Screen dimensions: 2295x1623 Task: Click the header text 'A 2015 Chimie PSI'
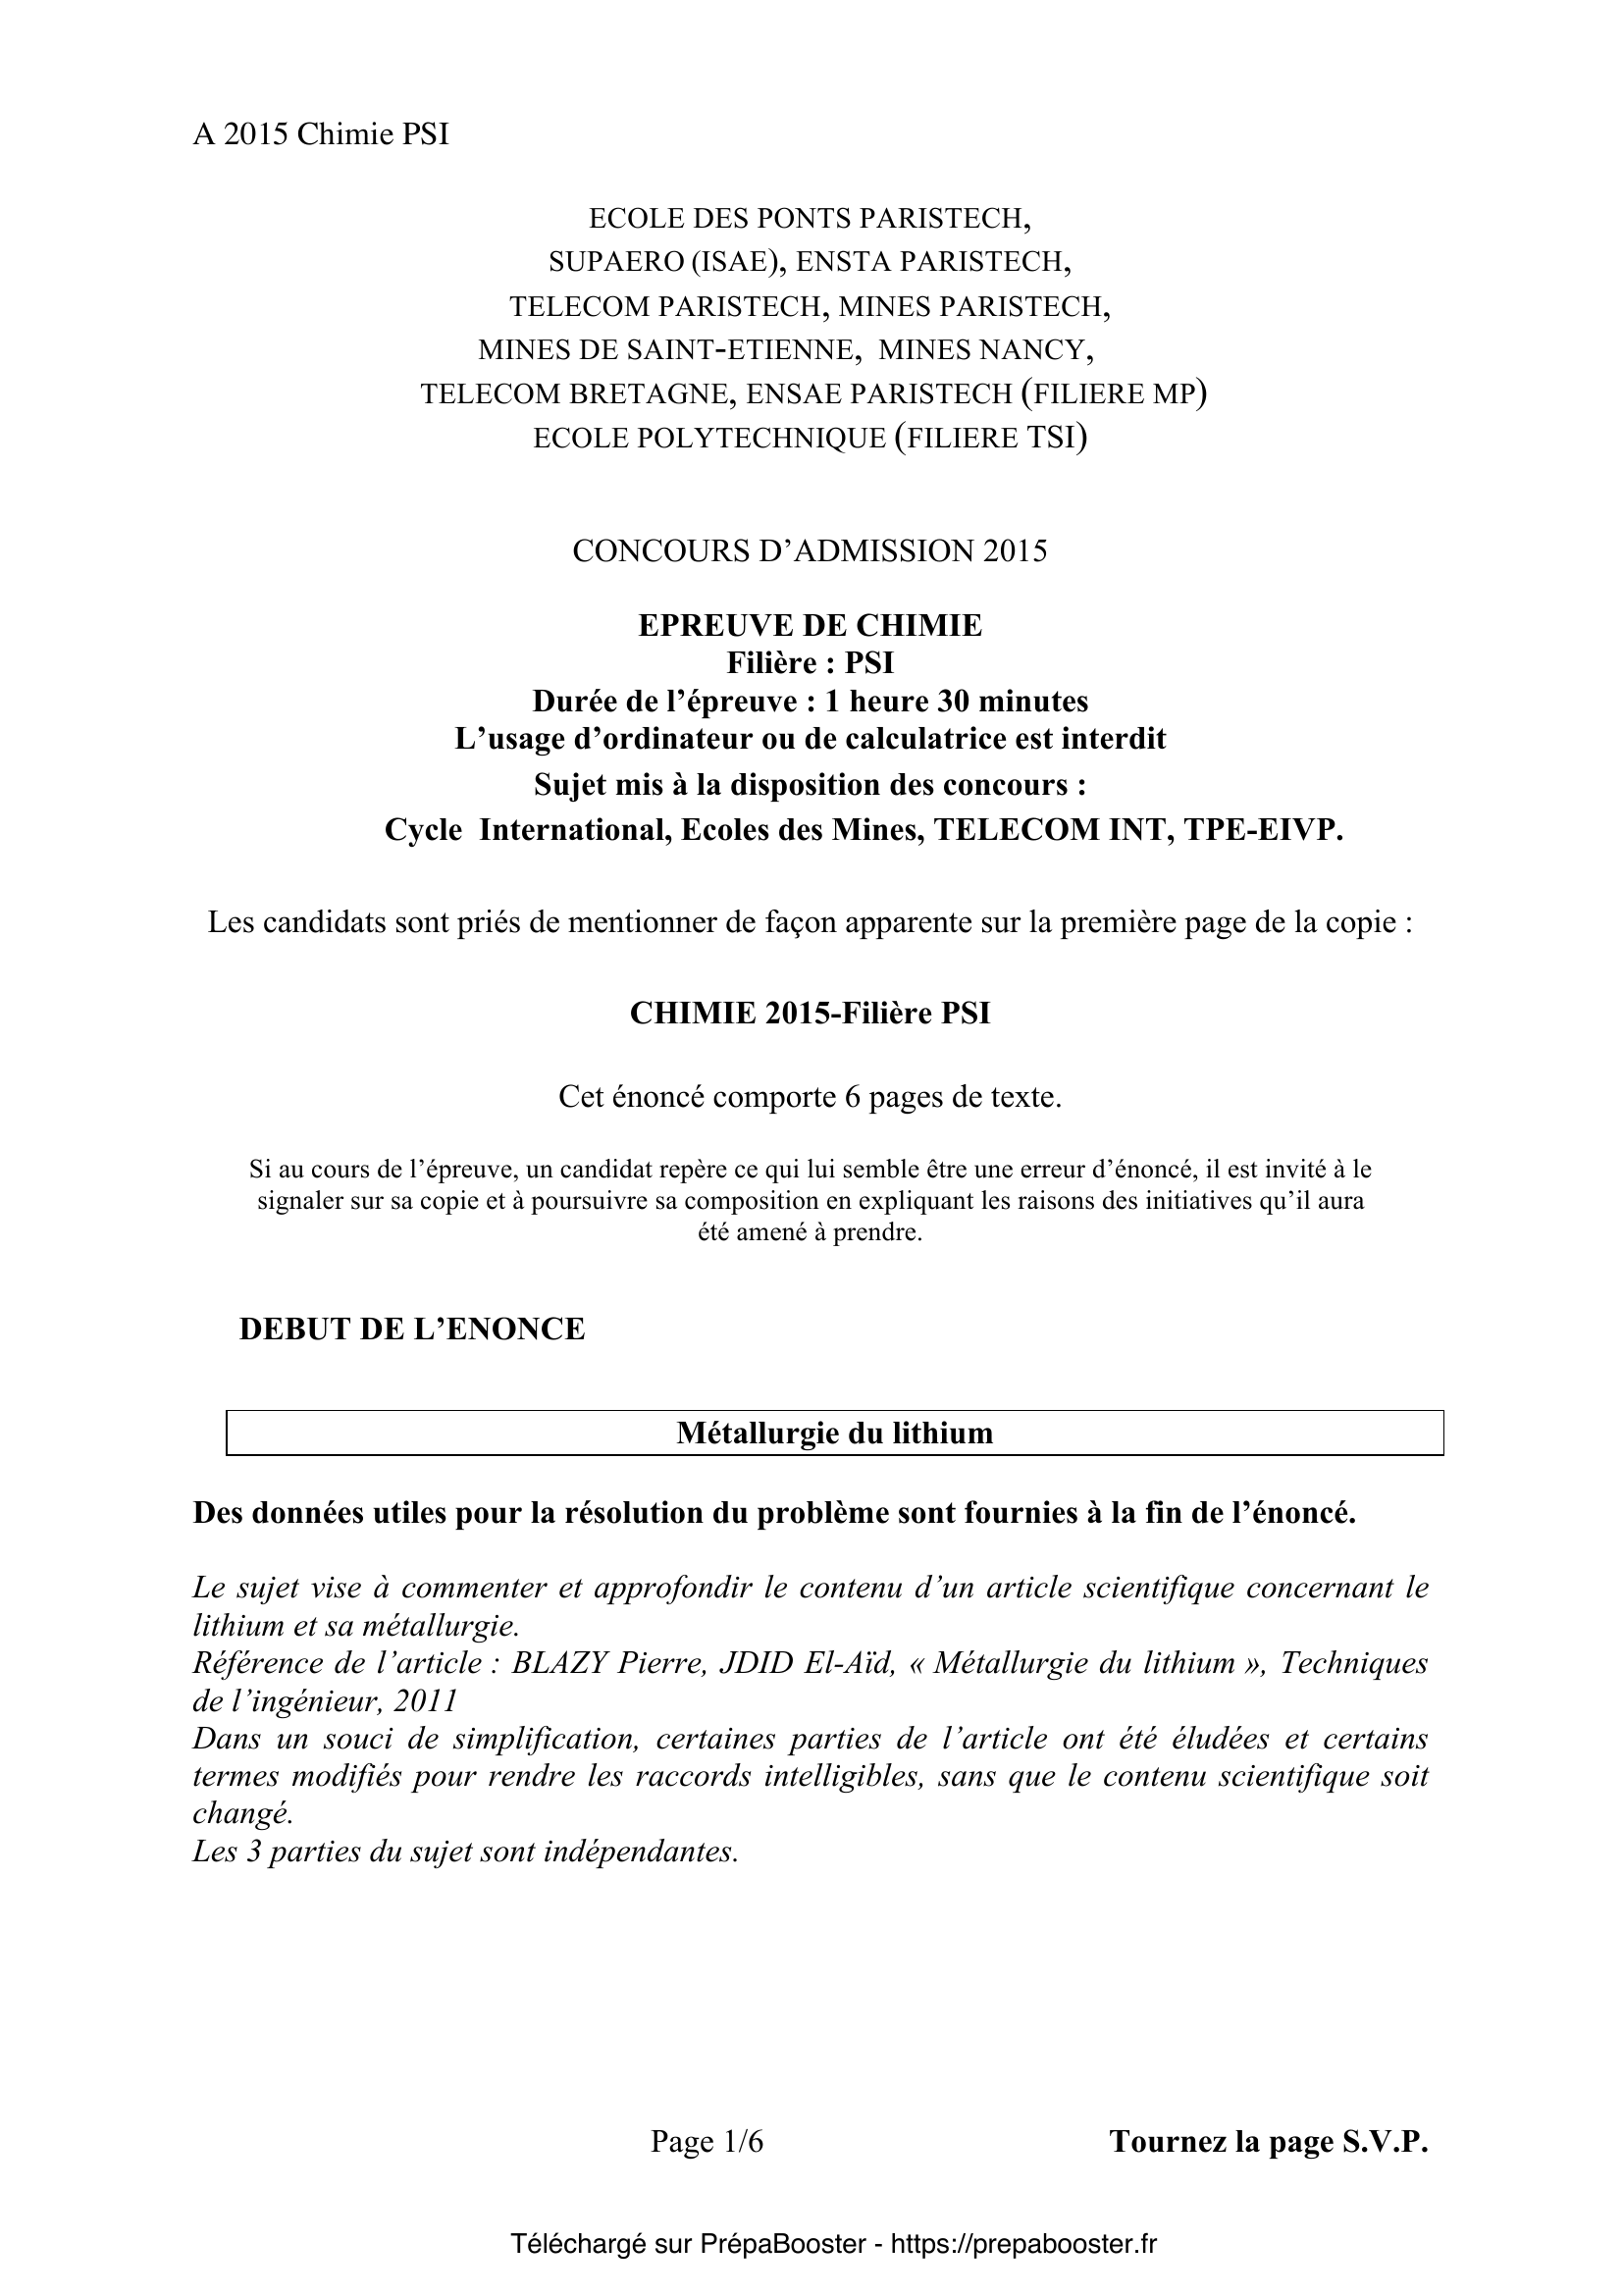pyautogui.click(x=321, y=135)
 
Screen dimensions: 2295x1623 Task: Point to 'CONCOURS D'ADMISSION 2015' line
pyautogui.click(x=810, y=550)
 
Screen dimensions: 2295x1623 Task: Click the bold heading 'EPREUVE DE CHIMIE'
pyautogui.click(x=810, y=626)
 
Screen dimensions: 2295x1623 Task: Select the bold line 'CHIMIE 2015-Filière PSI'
pyautogui.click(x=810, y=1014)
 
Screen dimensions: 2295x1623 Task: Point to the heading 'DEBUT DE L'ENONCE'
pyautogui.click(x=412, y=1330)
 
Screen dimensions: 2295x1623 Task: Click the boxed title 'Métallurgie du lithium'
pyautogui.click(x=834, y=1434)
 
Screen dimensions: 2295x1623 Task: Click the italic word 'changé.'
pyautogui.click(x=241, y=1813)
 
